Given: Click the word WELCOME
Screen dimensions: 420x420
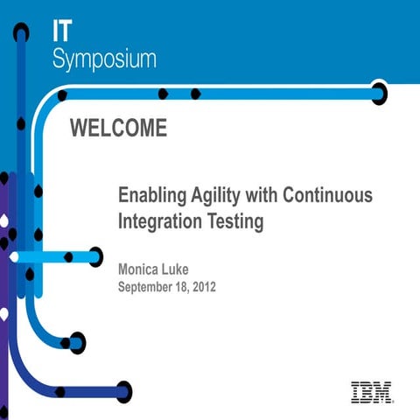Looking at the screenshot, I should click(x=117, y=129).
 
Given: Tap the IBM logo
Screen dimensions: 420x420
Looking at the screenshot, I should click(x=371, y=392).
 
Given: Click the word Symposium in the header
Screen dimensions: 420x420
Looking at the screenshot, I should click(x=105, y=59).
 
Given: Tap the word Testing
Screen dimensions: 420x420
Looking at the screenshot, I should click(x=234, y=222).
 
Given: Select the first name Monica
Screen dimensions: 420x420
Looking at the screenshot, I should click(x=143, y=269).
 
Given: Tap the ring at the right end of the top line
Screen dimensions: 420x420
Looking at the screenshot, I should click(x=378, y=94).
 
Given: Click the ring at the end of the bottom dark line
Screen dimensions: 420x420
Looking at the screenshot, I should click(x=123, y=391).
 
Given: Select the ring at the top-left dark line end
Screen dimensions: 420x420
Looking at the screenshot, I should click(x=21, y=32).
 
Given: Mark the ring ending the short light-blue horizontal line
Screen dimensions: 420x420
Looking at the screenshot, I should click(x=94, y=257).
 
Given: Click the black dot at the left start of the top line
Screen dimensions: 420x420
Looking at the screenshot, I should click(x=62, y=94).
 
